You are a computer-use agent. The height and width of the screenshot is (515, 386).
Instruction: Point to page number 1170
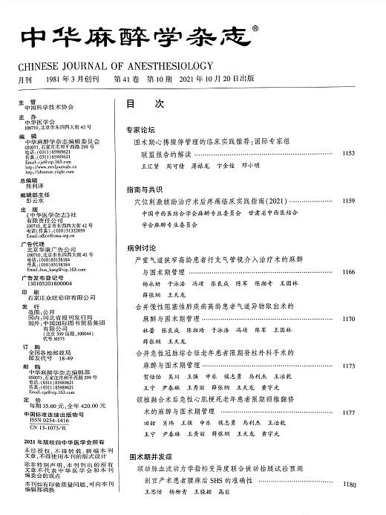[347, 318]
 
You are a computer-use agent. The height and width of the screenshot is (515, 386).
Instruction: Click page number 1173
[347, 366]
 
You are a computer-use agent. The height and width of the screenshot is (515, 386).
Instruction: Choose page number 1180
[347, 485]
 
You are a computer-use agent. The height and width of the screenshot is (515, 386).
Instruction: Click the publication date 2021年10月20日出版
[215, 79]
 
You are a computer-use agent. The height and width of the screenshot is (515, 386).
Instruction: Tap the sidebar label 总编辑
[27, 180]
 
